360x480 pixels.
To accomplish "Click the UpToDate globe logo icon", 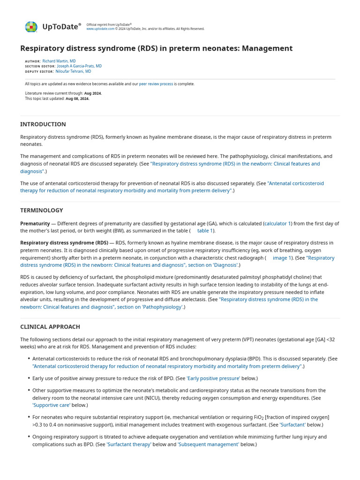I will click(x=31, y=27).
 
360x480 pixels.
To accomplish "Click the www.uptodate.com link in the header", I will click(x=100, y=29).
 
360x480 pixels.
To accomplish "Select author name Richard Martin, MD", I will click(x=59, y=61).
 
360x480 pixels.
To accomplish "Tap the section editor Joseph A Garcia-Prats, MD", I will click(x=79, y=66).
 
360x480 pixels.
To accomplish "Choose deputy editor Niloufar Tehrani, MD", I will click(x=73, y=72).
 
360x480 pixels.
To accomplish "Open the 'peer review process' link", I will click(x=156, y=84).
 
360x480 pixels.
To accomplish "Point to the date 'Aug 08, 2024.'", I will click(x=77, y=99).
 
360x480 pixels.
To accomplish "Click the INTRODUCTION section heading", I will click(x=43, y=124).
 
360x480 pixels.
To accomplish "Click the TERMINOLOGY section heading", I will click(x=42, y=210).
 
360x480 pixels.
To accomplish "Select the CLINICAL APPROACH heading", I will click(x=50, y=327).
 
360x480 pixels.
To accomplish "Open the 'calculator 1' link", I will click(x=277, y=224).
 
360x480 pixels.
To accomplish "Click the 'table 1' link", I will click(x=205, y=231).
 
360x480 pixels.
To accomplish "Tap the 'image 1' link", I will click(x=282, y=258).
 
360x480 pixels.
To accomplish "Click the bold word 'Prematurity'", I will click(x=35, y=224).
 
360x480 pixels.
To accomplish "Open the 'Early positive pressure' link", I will click(x=213, y=378).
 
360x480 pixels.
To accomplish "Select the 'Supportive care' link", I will click(x=52, y=405).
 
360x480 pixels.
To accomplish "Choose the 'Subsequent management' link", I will click(x=208, y=444).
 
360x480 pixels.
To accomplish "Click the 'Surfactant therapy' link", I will click(x=129, y=444).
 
